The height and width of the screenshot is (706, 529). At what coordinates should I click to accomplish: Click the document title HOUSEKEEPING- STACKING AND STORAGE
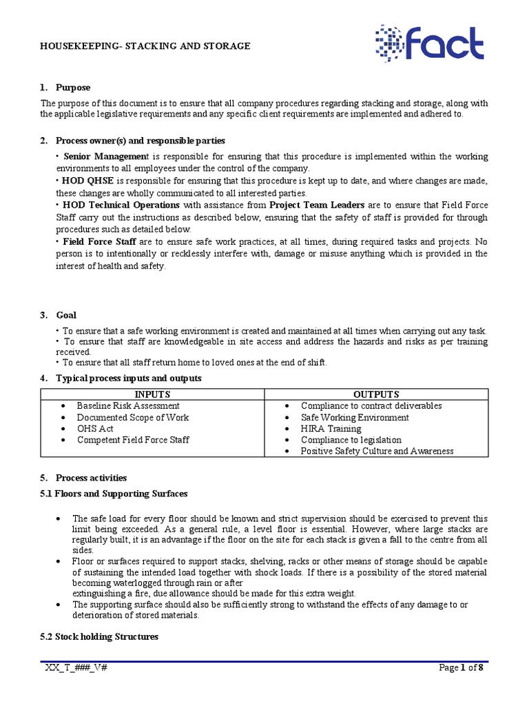pyautogui.click(x=145, y=46)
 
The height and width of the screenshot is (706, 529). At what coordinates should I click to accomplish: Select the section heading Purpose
pyautogui.click(x=72, y=88)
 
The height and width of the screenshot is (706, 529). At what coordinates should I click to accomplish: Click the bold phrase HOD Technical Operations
pyautogui.click(x=121, y=205)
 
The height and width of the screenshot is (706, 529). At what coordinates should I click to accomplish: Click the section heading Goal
pyautogui.click(x=66, y=315)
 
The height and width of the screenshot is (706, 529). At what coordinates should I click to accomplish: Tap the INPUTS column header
pyautogui.click(x=153, y=394)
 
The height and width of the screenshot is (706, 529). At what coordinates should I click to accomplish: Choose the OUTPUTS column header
pyautogui.click(x=376, y=394)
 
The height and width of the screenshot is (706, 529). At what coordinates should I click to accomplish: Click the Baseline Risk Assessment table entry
pyautogui.click(x=128, y=406)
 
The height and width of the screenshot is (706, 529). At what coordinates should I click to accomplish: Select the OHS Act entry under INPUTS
pyautogui.click(x=95, y=429)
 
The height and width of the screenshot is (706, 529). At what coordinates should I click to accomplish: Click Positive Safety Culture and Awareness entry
pyautogui.click(x=377, y=451)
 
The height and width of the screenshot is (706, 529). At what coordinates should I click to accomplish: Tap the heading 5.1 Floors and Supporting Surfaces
pyautogui.click(x=114, y=494)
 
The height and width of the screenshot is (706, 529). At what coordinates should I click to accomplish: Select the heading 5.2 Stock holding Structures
pyautogui.click(x=99, y=636)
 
